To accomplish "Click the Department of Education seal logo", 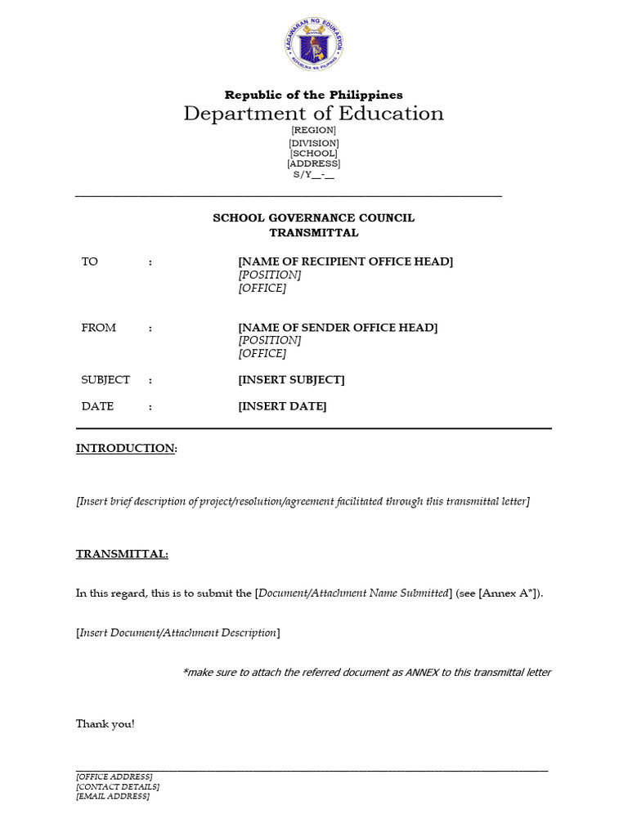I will click(314, 45).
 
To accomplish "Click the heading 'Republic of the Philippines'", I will click(314, 95).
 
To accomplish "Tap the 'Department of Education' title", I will click(314, 114).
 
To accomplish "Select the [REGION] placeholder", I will click(314, 131).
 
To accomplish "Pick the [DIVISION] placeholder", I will click(314, 142).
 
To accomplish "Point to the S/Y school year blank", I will click(314, 175).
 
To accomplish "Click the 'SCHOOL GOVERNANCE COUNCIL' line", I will click(314, 218).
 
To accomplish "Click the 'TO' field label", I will click(90, 262).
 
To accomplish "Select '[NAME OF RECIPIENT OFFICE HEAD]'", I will click(345, 262).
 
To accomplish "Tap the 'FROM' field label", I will click(98, 328).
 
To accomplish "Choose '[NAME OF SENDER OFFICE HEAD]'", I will click(338, 328).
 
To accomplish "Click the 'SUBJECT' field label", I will click(105, 380).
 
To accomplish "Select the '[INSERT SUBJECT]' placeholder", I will click(291, 380).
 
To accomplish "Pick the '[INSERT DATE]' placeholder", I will click(282, 406).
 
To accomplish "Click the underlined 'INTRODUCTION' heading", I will click(126, 449).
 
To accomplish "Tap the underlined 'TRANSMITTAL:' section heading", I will click(122, 554).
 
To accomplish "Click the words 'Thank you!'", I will click(105, 724).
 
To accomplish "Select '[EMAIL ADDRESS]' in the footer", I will click(113, 796).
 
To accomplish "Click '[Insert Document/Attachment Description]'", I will click(177, 633).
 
